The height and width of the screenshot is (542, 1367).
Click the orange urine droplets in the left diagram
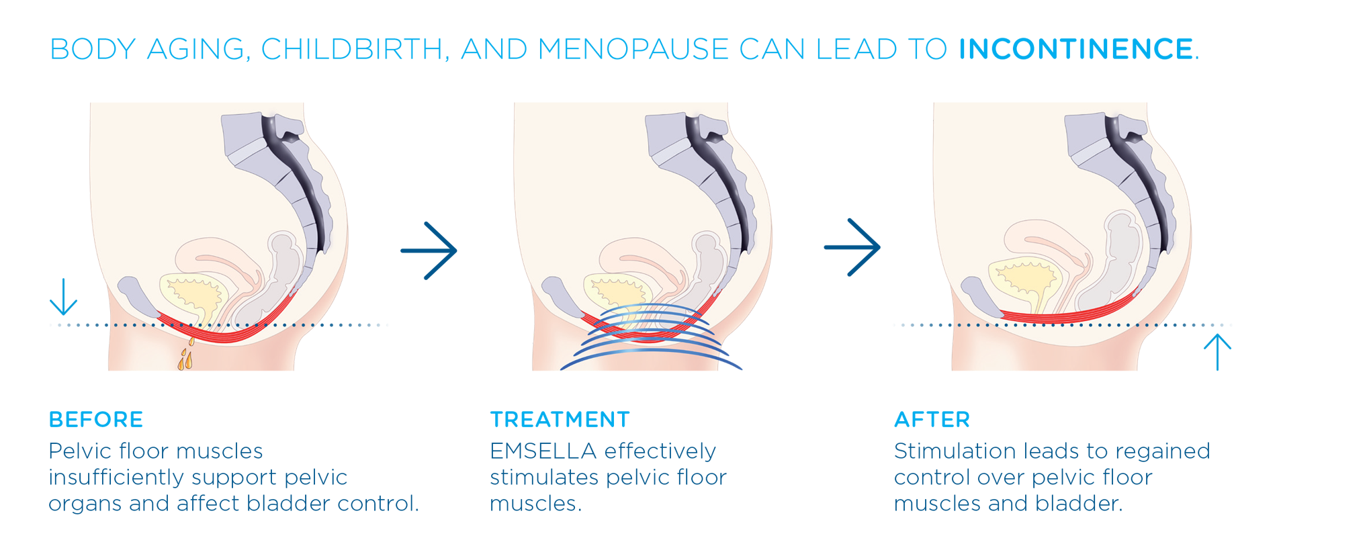coord(186,356)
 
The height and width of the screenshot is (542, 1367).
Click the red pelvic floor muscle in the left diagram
coord(222,333)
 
